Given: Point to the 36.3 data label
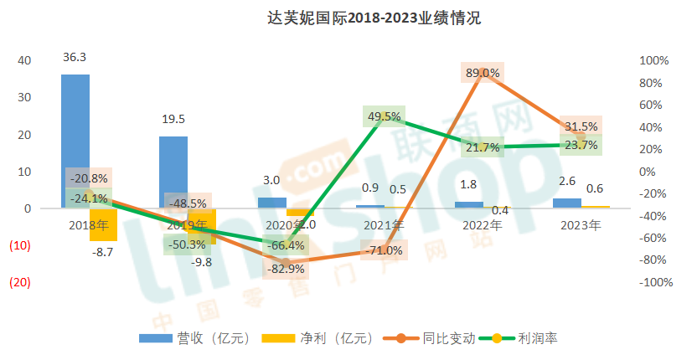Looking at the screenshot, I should click(x=75, y=57).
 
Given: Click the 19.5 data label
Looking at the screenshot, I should click(x=173, y=119).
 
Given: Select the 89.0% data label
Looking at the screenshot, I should click(x=483, y=73).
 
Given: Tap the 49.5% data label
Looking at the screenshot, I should click(x=384, y=116).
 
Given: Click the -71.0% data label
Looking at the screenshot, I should click(x=384, y=249).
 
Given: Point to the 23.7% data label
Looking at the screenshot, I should click(x=581, y=144).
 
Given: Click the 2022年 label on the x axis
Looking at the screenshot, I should click(x=483, y=226).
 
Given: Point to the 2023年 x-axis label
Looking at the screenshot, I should click(x=581, y=226).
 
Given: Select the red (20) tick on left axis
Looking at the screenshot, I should click(x=20, y=282).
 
